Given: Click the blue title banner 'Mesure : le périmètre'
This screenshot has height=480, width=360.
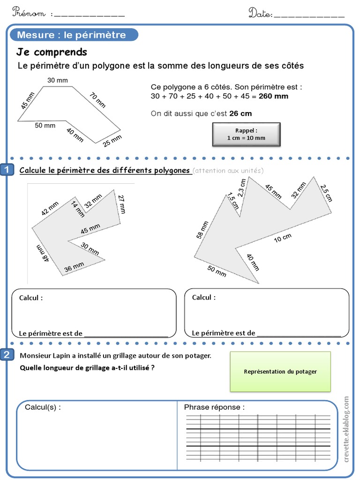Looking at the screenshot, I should click(x=72, y=35).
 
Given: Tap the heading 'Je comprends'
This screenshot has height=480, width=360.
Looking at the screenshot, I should click(x=52, y=52).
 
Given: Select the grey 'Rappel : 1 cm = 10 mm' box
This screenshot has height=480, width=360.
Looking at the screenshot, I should click(x=246, y=135).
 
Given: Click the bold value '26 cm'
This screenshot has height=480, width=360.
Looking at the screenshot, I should click(x=240, y=113).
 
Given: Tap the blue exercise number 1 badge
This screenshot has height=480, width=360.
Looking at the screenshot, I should click(x=7, y=170).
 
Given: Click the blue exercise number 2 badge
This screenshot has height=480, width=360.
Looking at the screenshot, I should click(x=7, y=355).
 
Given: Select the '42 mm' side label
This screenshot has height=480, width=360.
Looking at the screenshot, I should click(x=50, y=208).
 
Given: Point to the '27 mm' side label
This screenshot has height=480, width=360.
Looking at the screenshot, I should click(x=122, y=204).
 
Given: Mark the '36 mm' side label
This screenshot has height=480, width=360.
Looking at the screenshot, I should click(x=74, y=267).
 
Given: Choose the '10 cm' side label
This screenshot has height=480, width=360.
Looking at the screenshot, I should click(x=283, y=239).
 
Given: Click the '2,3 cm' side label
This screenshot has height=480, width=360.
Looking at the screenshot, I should click(x=241, y=188).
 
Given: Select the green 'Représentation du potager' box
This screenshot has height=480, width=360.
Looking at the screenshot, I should click(x=280, y=372).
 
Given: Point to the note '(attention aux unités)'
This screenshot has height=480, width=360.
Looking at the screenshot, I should click(x=228, y=171).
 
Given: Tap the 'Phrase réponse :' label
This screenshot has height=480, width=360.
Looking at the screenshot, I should click(x=214, y=407).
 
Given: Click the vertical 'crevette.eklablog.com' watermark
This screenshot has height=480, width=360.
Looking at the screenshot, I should click(x=347, y=429).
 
